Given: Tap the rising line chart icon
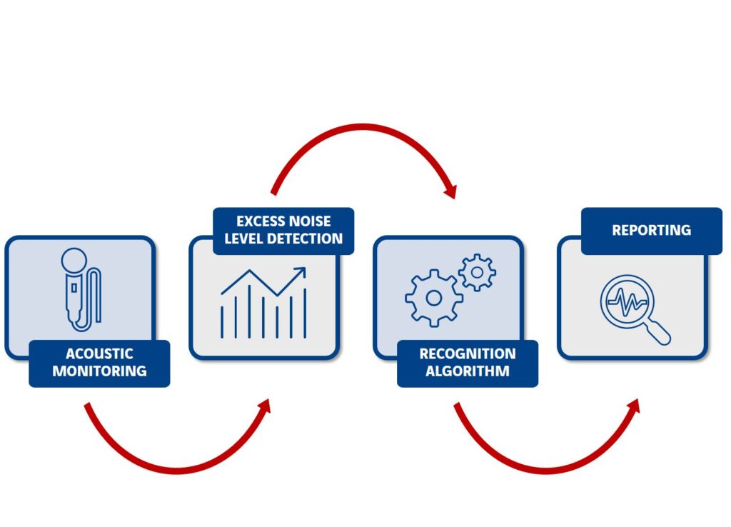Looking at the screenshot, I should pyautogui.click(x=263, y=303).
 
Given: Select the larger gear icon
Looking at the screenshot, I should pyautogui.click(x=433, y=298).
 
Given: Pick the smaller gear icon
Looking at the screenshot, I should pyautogui.click(x=477, y=271).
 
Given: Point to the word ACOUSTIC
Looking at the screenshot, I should pyautogui.click(x=99, y=353).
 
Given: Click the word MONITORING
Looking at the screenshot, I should pyautogui.click(x=99, y=371).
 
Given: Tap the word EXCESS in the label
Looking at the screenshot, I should pyautogui.click(x=261, y=221).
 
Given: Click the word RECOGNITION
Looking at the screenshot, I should pyautogui.click(x=467, y=353).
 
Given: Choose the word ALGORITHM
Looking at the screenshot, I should pyautogui.click(x=467, y=371).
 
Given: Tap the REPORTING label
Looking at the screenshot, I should pyautogui.click(x=651, y=230).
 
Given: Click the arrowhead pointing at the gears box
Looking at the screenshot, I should pyautogui.click(x=450, y=191).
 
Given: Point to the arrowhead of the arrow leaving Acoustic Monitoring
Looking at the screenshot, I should pyautogui.click(x=265, y=406).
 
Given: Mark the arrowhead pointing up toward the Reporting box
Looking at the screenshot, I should pyautogui.click(x=633, y=406).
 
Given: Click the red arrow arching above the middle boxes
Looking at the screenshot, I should pyautogui.click(x=364, y=129).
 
